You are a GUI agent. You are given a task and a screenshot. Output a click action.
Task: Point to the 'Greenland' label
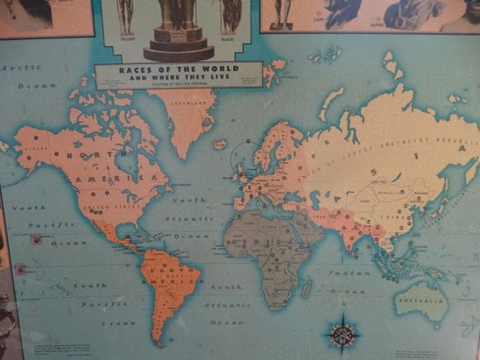184,103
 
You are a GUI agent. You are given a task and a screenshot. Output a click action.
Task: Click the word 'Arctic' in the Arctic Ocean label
21,68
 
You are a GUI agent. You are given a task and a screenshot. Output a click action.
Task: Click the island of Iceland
219,145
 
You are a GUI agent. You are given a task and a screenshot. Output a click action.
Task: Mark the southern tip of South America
158,343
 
